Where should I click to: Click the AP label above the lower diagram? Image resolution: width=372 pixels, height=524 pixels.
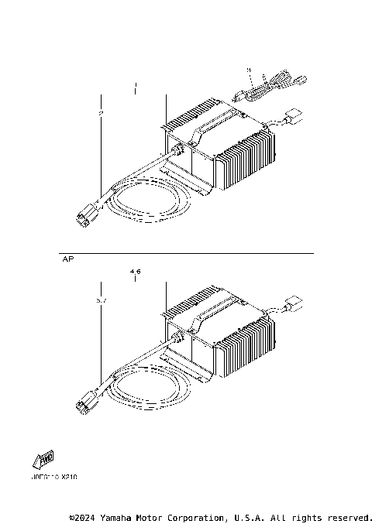click(x=67, y=262)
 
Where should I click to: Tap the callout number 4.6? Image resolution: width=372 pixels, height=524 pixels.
click(x=136, y=272)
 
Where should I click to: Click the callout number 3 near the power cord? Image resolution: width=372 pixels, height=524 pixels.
click(x=249, y=70)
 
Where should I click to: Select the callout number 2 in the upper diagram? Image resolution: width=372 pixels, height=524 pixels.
click(x=101, y=114)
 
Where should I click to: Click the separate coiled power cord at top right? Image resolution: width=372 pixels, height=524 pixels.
click(x=271, y=85)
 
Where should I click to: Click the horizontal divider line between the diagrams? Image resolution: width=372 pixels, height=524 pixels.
click(x=186, y=254)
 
